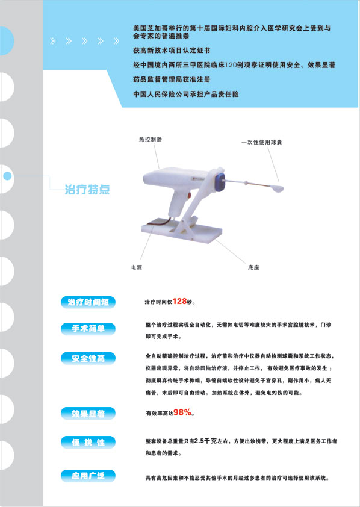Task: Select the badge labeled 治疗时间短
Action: click(x=88, y=302)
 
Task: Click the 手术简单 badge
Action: click(x=88, y=328)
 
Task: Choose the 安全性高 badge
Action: click(x=88, y=358)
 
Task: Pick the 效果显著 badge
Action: click(x=88, y=414)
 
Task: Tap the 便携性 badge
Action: click(x=88, y=443)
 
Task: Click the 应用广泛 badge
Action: click(x=88, y=476)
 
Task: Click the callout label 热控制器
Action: click(x=151, y=139)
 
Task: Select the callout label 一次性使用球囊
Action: click(x=261, y=143)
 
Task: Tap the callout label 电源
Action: click(x=137, y=266)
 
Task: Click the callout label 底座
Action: click(x=253, y=266)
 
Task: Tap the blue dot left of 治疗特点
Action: click(x=8, y=176)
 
